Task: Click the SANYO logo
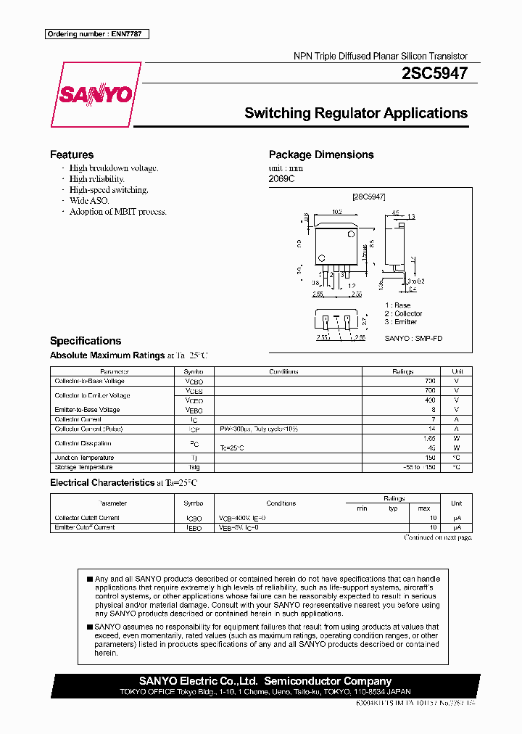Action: click(96, 95)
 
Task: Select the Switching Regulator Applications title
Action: click(355, 113)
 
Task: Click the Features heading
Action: click(71, 154)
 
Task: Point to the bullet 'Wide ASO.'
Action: click(88, 201)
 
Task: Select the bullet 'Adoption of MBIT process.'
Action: click(117, 212)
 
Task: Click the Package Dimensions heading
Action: click(320, 154)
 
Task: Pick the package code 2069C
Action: click(281, 178)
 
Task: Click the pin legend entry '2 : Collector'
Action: click(403, 313)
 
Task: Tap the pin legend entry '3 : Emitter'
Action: click(400, 321)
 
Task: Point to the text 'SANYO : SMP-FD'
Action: click(413, 338)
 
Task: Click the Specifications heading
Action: click(85, 341)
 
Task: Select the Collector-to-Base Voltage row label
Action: click(89, 381)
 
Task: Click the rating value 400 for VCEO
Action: click(430, 400)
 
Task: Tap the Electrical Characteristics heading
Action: click(101, 482)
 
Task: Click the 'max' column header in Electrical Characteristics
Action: click(424, 508)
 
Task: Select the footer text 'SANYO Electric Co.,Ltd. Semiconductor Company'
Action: click(265, 681)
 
